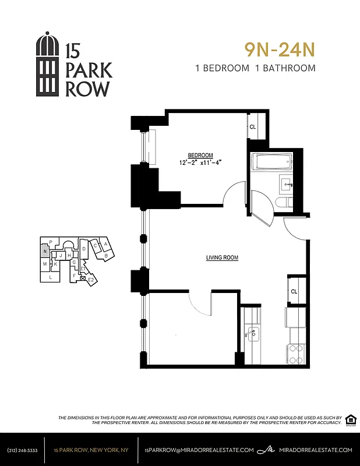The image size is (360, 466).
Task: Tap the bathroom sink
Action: (x=287, y=185)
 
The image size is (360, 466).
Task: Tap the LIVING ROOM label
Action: (x=222, y=257)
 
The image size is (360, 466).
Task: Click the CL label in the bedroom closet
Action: (x=253, y=126)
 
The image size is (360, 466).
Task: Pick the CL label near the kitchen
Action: (x=294, y=291)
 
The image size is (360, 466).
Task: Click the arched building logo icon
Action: (x=48, y=65)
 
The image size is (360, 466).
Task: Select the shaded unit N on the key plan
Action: (x=44, y=252)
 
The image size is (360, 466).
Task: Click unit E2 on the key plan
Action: (x=91, y=280)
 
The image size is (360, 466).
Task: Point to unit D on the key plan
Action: (x=84, y=249)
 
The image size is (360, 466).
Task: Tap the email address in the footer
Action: (x=199, y=450)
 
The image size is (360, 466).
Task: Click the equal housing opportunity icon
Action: (x=351, y=420)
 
